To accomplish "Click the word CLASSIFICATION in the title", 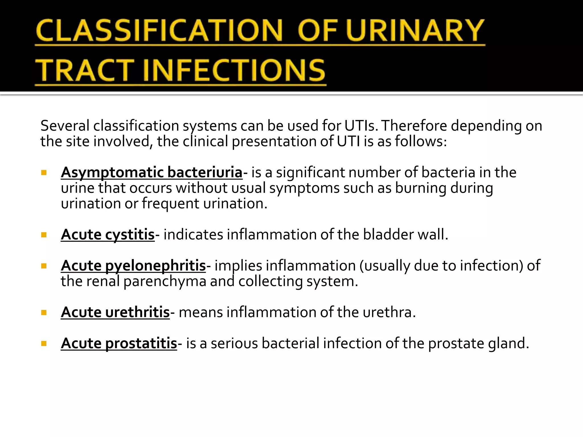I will (x=159, y=30).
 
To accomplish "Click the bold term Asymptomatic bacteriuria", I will (x=151, y=172).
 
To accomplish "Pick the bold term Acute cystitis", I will (x=108, y=235).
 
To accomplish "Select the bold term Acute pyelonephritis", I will (x=133, y=266).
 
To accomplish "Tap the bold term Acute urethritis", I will (x=115, y=312).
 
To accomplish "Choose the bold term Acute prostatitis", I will (x=119, y=343).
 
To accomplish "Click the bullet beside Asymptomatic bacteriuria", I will (x=44, y=173).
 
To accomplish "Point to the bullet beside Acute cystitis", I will (x=44, y=235).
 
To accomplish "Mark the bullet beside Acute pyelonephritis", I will (x=44, y=266).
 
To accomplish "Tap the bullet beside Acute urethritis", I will (x=44, y=313).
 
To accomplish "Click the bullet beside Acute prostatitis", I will (x=44, y=344).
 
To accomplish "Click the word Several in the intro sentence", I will (x=65, y=126).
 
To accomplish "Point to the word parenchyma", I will (x=165, y=281).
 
